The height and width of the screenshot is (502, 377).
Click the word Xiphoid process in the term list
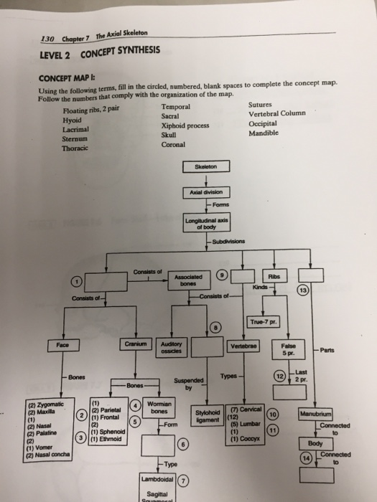(x=185, y=125)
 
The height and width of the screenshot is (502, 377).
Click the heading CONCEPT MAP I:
(x=65, y=80)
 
